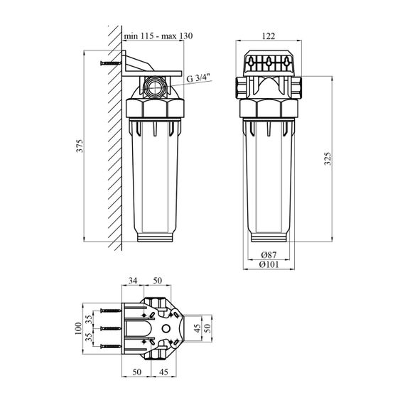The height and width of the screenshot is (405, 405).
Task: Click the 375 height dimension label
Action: (80, 146)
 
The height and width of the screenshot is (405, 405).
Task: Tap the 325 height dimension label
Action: (328, 159)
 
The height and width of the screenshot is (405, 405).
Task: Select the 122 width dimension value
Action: (269, 36)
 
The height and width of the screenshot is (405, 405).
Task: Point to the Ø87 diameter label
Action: (269, 255)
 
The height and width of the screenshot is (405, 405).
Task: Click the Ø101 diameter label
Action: (269, 264)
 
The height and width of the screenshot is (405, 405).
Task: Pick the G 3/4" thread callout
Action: (199, 77)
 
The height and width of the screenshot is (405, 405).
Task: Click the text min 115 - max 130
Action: (158, 36)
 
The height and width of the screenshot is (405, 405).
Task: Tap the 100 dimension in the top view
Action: (78, 328)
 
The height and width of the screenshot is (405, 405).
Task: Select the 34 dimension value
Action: (133, 281)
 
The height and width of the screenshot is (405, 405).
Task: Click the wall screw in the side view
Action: (111, 63)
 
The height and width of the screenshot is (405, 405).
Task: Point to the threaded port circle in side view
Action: (155, 87)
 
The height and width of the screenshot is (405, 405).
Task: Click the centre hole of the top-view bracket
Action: (166, 328)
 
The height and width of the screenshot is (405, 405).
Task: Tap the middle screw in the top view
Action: (111, 328)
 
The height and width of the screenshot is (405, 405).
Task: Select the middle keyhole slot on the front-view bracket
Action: (269, 63)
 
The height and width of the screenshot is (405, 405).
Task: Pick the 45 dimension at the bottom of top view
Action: (163, 372)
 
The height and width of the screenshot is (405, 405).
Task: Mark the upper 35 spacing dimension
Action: (89, 320)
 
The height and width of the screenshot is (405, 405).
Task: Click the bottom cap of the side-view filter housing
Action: (155, 237)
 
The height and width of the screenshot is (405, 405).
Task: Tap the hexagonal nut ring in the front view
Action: (269, 108)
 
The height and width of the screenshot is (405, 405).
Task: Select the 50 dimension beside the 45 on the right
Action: (207, 328)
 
